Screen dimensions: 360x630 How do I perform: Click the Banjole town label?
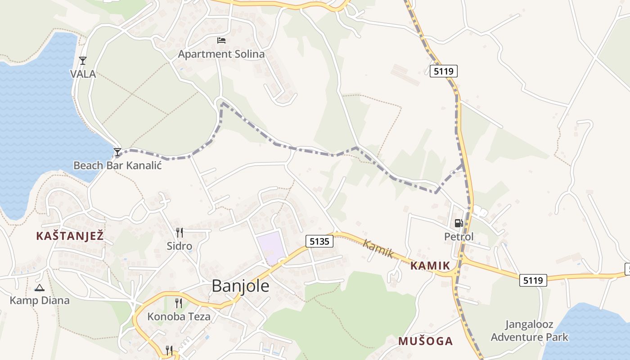tap(240, 286)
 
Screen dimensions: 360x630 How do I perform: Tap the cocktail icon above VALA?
tap(82, 60)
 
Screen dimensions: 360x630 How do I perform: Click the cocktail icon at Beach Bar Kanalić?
tap(117, 152)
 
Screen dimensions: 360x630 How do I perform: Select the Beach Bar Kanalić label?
tap(117, 165)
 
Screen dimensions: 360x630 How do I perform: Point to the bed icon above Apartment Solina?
tap(221, 40)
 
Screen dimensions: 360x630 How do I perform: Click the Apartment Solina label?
tap(221, 54)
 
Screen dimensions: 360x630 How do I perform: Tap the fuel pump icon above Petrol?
tap(459, 223)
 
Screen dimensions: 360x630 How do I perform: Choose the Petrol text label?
tap(459, 236)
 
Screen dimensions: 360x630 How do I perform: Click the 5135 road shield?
tap(320, 241)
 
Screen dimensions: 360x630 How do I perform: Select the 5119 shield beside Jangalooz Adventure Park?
tap(533, 280)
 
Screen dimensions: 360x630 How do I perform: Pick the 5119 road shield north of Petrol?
tap(443, 71)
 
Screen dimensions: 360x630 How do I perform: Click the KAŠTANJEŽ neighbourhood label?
tap(70, 235)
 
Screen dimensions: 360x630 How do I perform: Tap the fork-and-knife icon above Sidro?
tap(179, 232)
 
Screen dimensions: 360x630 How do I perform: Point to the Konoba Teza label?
tap(179, 316)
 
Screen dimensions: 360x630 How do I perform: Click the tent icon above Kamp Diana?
tap(40, 288)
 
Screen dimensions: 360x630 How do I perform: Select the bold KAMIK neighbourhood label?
tap(430, 265)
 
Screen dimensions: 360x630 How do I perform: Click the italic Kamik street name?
tap(378, 249)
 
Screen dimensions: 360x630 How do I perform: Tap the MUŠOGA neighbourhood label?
tap(425, 341)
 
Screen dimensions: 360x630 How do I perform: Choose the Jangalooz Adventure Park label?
tap(529, 331)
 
